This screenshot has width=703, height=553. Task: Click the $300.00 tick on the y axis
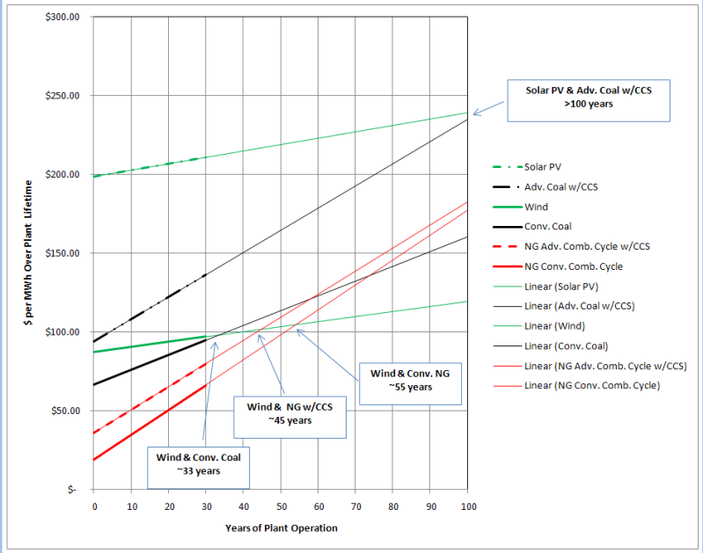pos(62,18)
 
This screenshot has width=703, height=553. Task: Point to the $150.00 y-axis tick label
pos(62,253)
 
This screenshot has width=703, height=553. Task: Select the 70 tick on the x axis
pos(355,507)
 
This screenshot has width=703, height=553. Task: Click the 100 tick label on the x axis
pos(468,507)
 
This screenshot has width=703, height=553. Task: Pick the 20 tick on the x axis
pos(168,507)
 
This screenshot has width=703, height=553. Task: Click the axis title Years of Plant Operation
pos(281,528)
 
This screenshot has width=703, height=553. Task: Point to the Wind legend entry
pos(536,207)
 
